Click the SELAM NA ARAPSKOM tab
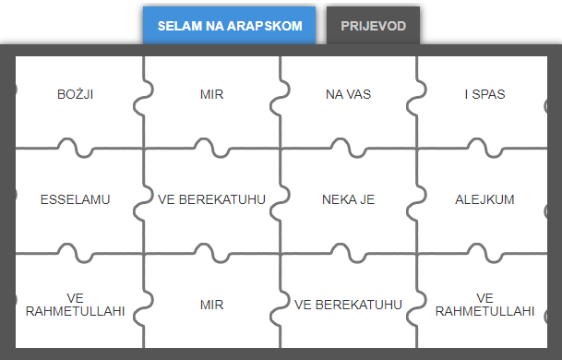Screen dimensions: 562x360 [x=230, y=26]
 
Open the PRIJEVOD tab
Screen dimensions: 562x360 [x=374, y=26]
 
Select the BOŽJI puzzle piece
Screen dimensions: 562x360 [x=76, y=94]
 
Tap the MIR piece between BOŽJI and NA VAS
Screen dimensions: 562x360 [x=211, y=94]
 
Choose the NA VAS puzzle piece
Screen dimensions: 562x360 [x=348, y=94]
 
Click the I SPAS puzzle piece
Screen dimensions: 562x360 [x=484, y=94]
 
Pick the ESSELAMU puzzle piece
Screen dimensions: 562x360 [x=76, y=199]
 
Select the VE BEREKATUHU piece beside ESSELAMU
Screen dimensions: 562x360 [x=211, y=199]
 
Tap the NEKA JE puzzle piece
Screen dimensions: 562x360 [x=348, y=199]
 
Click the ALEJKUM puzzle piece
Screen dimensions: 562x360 [x=484, y=199]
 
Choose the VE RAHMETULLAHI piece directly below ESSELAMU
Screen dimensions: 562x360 [x=76, y=304]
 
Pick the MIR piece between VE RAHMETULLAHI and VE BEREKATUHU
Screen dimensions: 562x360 [x=211, y=304]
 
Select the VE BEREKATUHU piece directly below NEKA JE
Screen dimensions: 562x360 [x=348, y=304]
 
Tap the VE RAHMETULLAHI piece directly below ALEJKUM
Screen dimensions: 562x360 [x=484, y=304]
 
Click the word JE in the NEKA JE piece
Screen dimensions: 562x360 [x=366, y=199]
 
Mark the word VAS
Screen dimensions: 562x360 [x=358, y=94]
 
